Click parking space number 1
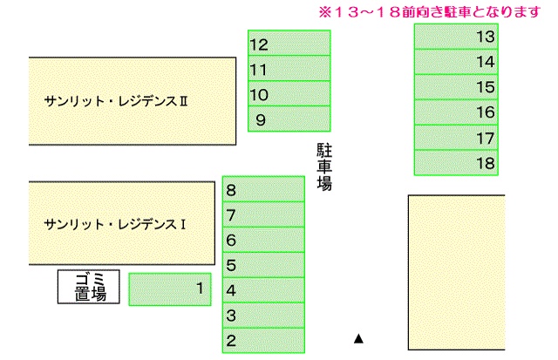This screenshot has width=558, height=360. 170,289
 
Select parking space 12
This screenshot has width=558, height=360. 289,43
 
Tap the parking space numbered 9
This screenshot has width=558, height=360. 289,119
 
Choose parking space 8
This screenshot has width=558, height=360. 263,189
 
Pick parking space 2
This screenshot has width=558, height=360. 263,341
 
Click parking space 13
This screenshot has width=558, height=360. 456,37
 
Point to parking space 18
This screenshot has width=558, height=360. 456,163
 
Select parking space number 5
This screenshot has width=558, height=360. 263,265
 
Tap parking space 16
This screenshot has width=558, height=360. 456,112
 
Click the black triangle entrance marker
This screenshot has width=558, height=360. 358,339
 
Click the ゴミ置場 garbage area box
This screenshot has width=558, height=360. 89,287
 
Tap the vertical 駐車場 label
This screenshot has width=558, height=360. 324,166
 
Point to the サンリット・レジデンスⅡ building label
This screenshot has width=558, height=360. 116,101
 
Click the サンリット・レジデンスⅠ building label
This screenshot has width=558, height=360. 115,225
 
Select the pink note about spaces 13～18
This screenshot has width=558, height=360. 430,12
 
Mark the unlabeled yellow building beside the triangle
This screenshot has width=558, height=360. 457,273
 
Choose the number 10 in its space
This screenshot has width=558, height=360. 259,95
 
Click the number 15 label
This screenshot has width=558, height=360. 486,87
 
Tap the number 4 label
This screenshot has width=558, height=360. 231,290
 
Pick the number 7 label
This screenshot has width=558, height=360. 231,215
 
